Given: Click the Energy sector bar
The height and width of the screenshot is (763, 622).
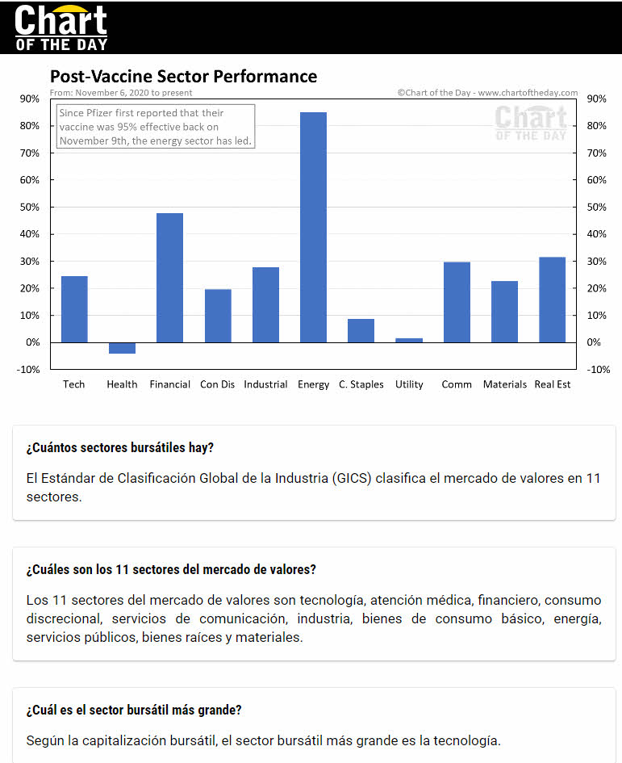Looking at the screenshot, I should [313, 227].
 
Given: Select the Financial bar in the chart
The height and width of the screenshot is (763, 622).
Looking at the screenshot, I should [169, 278].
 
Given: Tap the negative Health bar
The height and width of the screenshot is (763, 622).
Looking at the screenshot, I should [122, 348].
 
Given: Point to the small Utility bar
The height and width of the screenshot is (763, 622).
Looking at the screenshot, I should [409, 340].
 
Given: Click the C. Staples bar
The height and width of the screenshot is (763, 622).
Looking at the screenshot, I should [361, 330].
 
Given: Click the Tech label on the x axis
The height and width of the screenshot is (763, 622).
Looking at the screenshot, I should [74, 384].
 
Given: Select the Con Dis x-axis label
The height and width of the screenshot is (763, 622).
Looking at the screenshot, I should [217, 384].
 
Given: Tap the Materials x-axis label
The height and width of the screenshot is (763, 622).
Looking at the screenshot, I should [505, 384].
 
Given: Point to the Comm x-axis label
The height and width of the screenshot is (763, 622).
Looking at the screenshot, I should [457, 384].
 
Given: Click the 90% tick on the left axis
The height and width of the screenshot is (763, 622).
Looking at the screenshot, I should [30, 99].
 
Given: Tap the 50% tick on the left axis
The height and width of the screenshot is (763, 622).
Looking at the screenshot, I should [30, 207].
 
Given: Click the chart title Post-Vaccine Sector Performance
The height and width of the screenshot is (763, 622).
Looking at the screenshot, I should [183, 77].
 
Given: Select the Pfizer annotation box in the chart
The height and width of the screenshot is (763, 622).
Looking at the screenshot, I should [156, 127].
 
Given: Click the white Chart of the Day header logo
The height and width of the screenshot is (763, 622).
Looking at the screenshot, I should [61, 27].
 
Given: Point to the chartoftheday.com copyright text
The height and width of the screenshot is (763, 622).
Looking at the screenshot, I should [487, 93].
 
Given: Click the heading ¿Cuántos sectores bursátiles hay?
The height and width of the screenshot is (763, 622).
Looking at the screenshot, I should [119, 448].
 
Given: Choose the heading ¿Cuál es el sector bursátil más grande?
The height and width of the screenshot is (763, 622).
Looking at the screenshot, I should [134, 711].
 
